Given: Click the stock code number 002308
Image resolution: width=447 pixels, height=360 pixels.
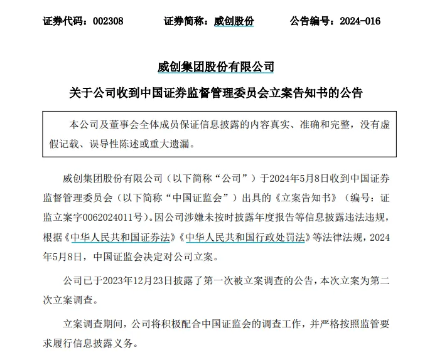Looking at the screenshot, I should [107, 21].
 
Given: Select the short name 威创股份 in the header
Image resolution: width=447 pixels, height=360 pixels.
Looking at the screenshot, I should [234, 21].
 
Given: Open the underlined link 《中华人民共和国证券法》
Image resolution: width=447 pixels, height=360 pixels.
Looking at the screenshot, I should [121, 238].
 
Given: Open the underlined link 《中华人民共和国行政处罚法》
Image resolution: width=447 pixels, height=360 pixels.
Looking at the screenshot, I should [245, 238].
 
